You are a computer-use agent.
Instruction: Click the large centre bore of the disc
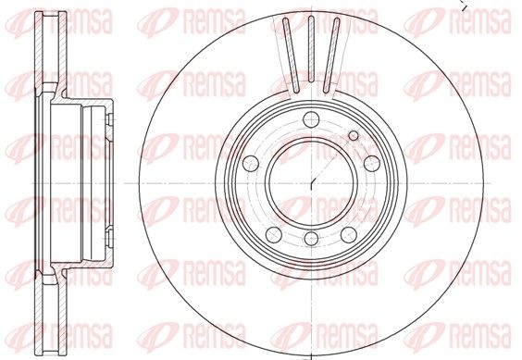[311, 183]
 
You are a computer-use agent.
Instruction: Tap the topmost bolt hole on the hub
[311, 119]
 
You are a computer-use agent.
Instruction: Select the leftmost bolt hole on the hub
[251, 163]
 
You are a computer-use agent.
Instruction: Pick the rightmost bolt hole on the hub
[372, 163]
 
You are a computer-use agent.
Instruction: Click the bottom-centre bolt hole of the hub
[311, 239]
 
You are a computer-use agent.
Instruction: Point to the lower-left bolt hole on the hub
[274, 234]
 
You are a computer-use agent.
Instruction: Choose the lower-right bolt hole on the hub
[349, 234]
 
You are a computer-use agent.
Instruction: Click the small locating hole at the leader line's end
[354, 135]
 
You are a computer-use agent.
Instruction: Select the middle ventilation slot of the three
[311, 49]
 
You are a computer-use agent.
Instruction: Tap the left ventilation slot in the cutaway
[291, 55]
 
